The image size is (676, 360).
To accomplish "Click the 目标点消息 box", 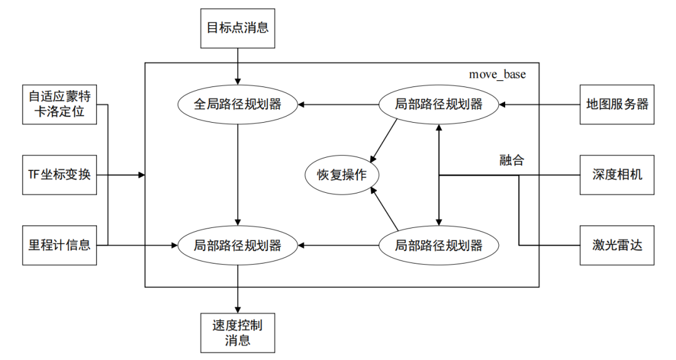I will (x=237, y=28).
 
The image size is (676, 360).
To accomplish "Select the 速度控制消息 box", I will (x=237, y=332).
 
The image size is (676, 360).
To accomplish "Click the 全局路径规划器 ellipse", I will (x=237, y=104).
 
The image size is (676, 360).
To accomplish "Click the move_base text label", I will (x=498, y=75).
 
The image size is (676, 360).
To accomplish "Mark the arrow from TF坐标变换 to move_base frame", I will (x=122, y=175).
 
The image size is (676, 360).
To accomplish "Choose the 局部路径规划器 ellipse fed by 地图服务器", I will (x=439, y=104).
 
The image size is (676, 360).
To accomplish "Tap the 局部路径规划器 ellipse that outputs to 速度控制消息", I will (x=237, y=245).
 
